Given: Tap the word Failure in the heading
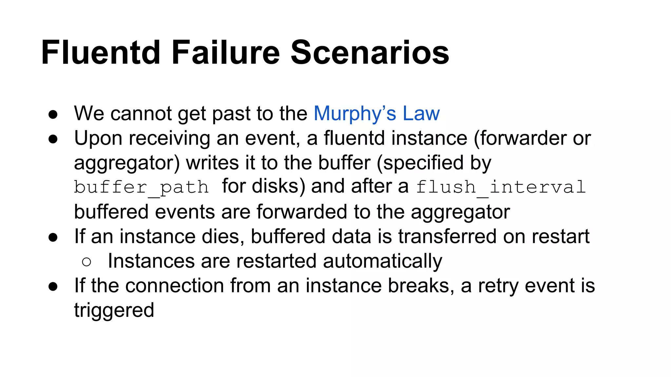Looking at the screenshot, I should click(226, 52).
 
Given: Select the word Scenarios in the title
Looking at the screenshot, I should click(370, 52).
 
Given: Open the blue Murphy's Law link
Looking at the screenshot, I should click(376, 114).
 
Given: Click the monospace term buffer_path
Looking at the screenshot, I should click(141, 188).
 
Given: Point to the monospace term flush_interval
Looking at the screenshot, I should click(501, 188).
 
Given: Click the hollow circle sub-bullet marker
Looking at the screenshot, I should click(86, 262).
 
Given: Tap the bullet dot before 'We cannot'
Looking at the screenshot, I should click(53, 115).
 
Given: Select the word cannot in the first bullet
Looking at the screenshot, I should click(141, 114).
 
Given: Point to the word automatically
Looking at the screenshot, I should click(382, 261).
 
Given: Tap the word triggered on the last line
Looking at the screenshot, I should click(114, 310).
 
